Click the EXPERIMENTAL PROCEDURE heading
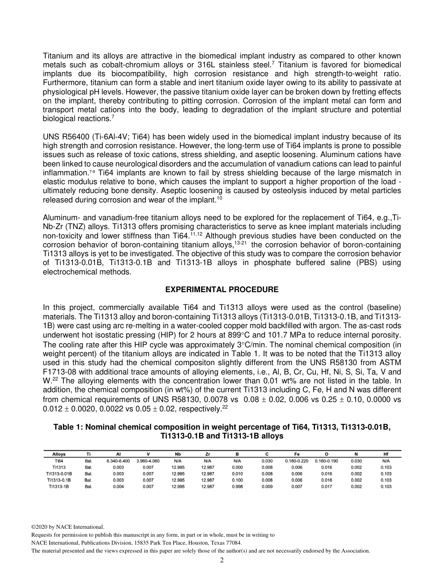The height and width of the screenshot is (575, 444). pyautogui.click(x=222, y=290)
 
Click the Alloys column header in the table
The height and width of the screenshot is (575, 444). pyautogui.click(x=59, y=454)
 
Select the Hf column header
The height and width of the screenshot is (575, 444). pyautogui.click(x=386, y=454)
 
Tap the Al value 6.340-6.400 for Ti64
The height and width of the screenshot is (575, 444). pyautogui.click(x=118, y=460)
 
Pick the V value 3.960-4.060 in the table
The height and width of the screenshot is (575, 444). pyautogui.click(x=148, y=460)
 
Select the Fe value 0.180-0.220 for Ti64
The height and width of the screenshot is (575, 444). pyautogui.click(x=297, y=460)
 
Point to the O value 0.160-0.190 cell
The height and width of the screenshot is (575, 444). pyautogui.click(x=326, y=460)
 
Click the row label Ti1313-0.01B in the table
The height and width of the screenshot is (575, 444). pyautogui.click(x=59, y=474)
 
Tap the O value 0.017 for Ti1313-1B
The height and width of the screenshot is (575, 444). pyautogui.click(x=326, y=487)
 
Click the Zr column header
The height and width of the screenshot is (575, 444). pyautogui.click(x=208, y=454)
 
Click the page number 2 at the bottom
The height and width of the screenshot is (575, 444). pyautogui.click(x=222, y=560)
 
